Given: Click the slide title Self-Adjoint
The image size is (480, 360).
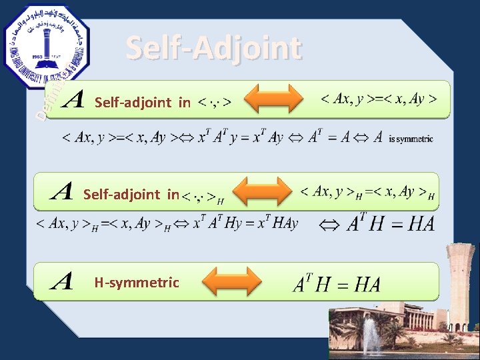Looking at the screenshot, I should coord(213,48).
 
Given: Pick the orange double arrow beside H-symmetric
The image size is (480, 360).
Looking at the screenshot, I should coord(231,282).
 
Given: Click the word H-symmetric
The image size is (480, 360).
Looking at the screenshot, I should coord(137,283).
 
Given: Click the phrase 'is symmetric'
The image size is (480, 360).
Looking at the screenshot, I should coord(410,139).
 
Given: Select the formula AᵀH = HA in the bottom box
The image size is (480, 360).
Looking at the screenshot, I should coord(337,285).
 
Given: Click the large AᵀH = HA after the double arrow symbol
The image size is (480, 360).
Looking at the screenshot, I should coord(391,223).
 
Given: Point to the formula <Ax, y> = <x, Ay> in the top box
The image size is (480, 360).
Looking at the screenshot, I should coord(379,99).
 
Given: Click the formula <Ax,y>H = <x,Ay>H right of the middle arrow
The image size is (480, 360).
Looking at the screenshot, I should coord(367,193).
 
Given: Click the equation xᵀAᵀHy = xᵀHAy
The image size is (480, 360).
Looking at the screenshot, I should coord(245,223).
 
